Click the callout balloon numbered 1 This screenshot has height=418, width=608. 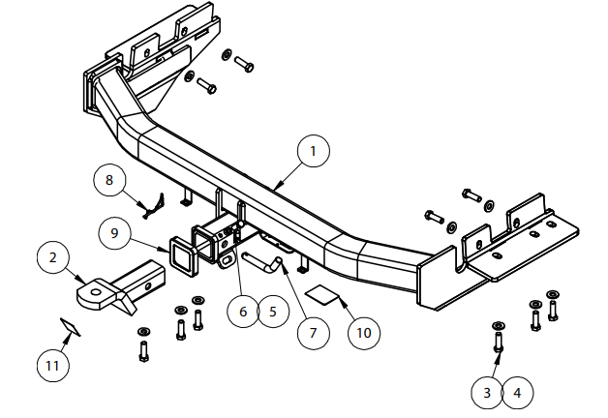point(314,151)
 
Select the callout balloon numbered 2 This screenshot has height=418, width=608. point(54,258)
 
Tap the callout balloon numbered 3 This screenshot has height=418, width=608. point(488,393)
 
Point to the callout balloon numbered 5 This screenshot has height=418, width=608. point(273,312)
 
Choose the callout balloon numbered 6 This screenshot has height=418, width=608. point(244,312)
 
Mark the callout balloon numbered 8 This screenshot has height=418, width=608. point(109,180)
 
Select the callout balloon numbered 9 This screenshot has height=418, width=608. point(115,233)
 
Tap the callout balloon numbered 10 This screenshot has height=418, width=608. point(363,332)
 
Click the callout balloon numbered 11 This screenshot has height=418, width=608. point(53,366)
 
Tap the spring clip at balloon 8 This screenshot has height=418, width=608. point(154,204)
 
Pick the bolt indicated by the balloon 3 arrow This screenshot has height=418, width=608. point(498,339)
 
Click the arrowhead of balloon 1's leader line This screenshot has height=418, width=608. point(277,185)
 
